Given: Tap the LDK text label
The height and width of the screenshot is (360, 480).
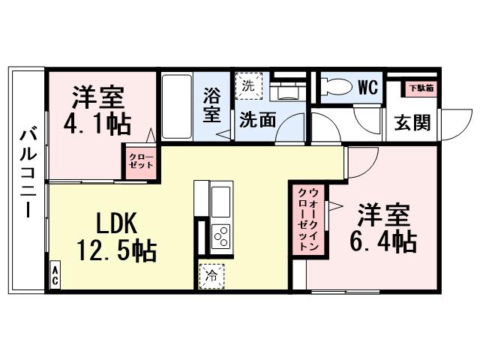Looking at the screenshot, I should [117, 223].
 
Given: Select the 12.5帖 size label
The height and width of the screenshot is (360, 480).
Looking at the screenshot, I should [116, 250].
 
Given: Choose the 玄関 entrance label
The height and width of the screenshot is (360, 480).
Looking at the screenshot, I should [412, 121].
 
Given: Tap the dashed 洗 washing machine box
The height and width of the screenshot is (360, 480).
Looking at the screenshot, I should [248, 85].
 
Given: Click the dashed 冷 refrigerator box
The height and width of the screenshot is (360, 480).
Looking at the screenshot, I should [211, 275].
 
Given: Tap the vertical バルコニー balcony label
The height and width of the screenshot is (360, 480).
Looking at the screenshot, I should [28, 172].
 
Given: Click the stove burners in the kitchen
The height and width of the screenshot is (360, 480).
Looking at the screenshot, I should [221, 237].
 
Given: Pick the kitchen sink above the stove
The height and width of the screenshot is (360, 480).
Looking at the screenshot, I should [221, 202].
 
